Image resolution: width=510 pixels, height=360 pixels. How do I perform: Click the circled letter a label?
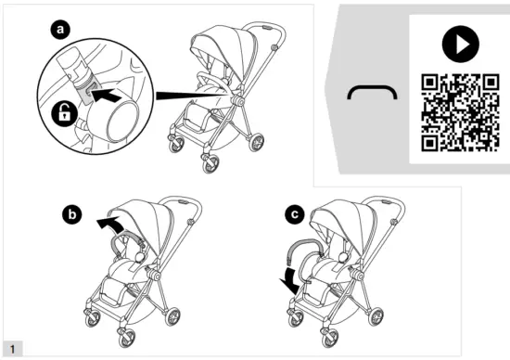point(62,30)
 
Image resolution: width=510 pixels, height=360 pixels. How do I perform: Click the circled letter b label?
point(70,214)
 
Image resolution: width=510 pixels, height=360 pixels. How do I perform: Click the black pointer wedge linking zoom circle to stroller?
point(185,94)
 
